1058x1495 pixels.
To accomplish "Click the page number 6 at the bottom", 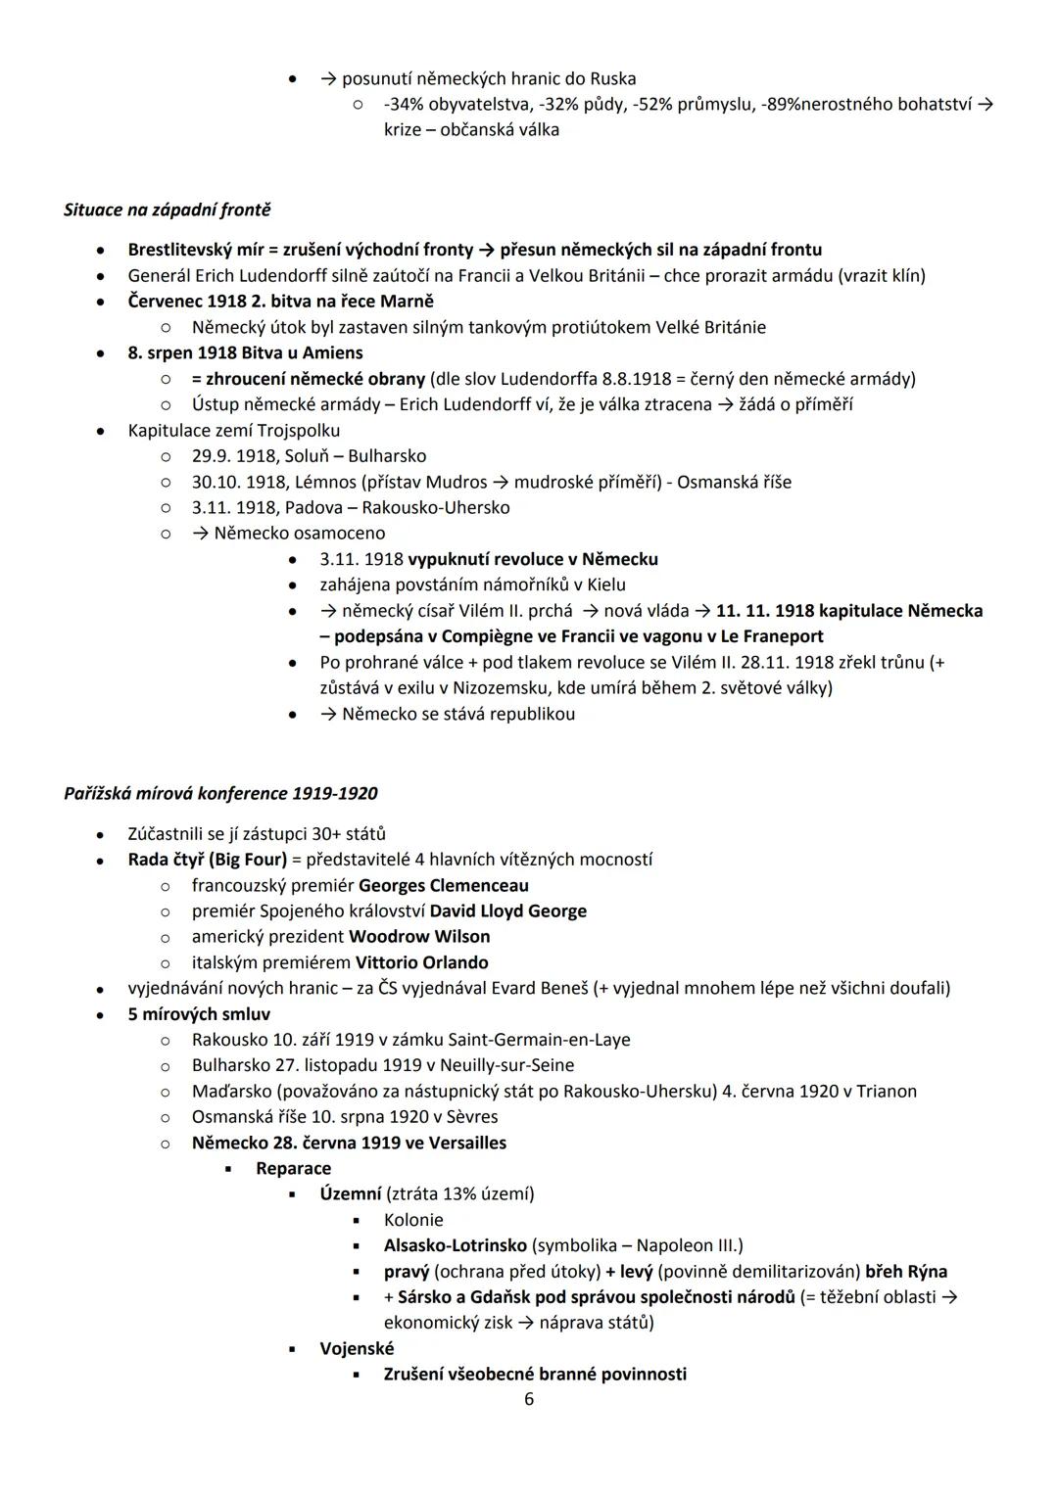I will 529,1399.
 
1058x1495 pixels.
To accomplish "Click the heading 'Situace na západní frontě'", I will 167,210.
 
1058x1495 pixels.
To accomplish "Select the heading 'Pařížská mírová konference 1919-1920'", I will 220,793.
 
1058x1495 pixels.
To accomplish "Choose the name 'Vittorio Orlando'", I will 421,962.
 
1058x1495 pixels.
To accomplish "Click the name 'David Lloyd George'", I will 508,911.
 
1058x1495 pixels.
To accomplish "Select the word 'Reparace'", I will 293,1168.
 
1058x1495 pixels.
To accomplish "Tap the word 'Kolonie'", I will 413,1220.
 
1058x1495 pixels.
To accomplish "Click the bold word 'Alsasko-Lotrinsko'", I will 455,1245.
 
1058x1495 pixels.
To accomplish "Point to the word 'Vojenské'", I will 357,1348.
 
